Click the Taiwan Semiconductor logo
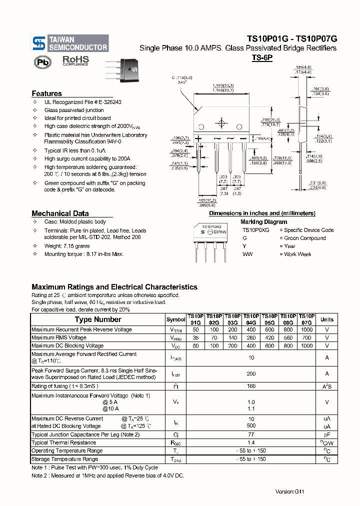click(69, 43)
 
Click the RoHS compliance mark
click(75, 60)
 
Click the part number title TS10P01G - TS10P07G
click(292, 38)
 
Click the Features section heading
click(46, 93)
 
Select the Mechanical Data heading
click(60, 213)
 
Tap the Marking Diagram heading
click(263, 222)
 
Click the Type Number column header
click(97, 319)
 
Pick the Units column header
click(326, 319)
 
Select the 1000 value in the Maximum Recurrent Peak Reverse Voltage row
click(307, 330)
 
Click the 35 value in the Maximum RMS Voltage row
click(195, 338)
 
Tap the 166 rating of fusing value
click(251, 386)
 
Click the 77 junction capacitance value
click(251, 434)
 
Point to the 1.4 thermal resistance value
click(251, 442)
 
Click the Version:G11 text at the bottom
click(289, 491)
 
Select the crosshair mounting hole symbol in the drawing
click(220, 123)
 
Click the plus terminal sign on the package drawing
click(198, 138)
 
